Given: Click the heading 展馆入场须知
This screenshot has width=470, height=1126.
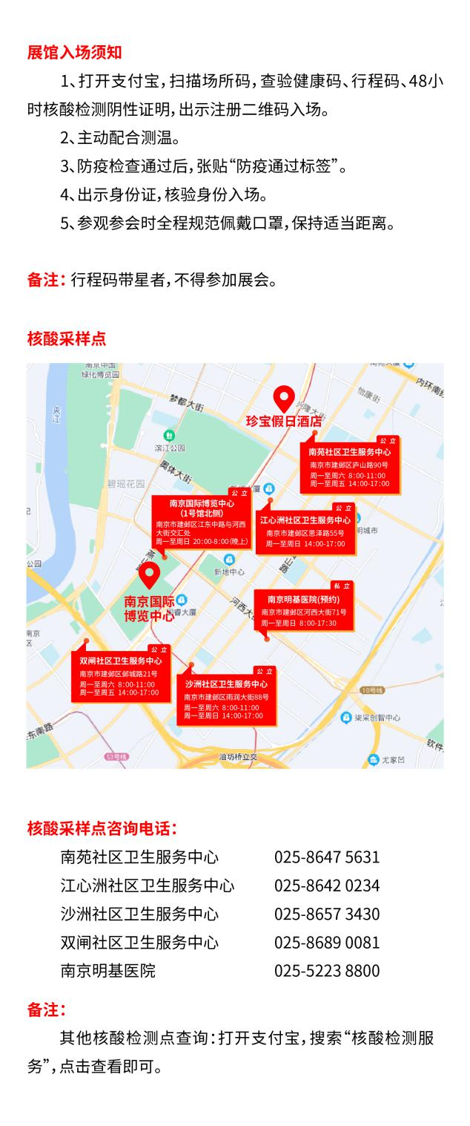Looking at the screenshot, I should pyautogui.click(x=74, y=52).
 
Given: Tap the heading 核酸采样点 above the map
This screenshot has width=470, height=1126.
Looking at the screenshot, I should pyautogui.click(x=67, y=338).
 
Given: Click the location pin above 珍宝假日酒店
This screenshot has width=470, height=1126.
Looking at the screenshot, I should pyautogui.click(x=284, y=398).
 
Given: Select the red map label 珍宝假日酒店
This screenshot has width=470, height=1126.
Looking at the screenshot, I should pyautogui.click(x=285, y=421).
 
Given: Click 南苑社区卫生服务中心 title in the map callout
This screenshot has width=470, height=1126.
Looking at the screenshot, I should pyautogui.click(x=350, y=451).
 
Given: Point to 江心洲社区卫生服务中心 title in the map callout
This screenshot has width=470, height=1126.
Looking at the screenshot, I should pyautogui.click(x=305, y=520).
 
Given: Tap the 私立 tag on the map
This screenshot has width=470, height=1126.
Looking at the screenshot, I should pyautogui.click(x=342, y=586).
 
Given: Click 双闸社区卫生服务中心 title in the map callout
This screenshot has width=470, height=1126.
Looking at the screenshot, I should pyautogui.click(x=121, y=661).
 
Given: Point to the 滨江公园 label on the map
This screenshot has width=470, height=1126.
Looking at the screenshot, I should pyautogui.click(x=169, y=448).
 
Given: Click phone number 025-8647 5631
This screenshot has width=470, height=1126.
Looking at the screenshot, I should pyautogui.click(x=327, y=857).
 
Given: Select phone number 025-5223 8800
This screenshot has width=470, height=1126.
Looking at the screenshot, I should pyautogui.click(x=327, y=971).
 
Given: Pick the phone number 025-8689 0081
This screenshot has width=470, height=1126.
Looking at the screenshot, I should pyautogui.click(x=327, y=943).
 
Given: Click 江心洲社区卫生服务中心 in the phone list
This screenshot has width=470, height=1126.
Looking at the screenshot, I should pyautogui.click(x=148, y=886).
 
